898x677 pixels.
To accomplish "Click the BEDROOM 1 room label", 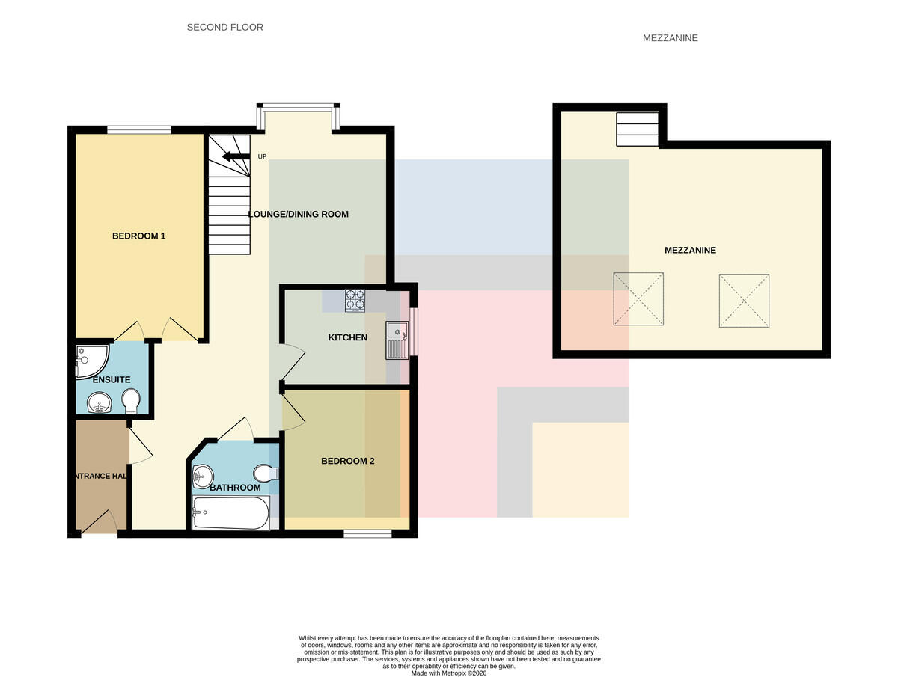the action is click(x=138, y=236).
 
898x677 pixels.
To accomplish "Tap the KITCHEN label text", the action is click(x=348, y=337).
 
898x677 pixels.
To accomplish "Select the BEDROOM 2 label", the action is click(x=348, y=461).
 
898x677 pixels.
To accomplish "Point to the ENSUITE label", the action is click(x=112, y=380).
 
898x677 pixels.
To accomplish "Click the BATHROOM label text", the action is click(x=235, y=488).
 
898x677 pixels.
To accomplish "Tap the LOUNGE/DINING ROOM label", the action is click(x=299, y=214).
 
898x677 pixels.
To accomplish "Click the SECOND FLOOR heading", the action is click(x=225, y=28).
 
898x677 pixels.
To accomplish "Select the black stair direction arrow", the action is click(x=236, y=156).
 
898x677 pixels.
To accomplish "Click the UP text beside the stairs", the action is click(x=262, y=156).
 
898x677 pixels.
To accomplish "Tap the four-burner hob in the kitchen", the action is click(x=355, y=301).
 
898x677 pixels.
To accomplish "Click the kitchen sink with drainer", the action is click(x=397, y=340).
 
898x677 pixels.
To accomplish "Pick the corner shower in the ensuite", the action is click(x=91, y=361).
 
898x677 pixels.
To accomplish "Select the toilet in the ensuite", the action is click(x=131, y=401).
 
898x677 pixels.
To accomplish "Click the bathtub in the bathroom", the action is click(x=231, y=512).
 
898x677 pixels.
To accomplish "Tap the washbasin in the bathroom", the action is click(x=203, y=477).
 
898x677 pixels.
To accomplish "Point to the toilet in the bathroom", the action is click(x=266, y=474).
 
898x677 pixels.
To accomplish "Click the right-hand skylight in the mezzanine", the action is click(x=744, y=301).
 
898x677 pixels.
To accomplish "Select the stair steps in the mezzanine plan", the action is click(x=638, y=129).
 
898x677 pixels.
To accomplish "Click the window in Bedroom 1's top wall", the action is click(x=139, y=129).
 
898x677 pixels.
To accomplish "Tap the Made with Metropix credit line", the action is click(x=449, y=673).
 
